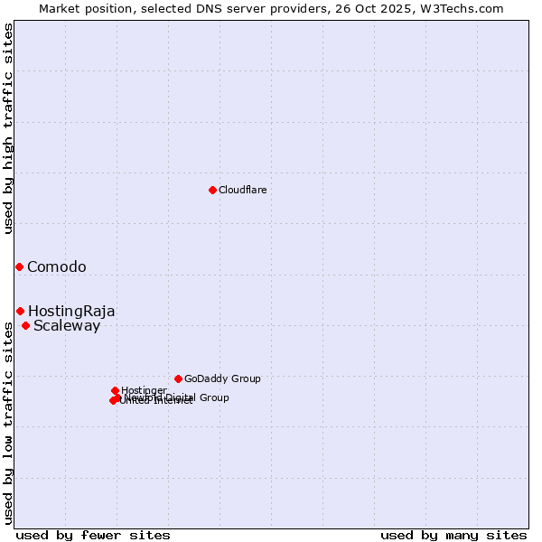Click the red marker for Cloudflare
tap(212, 190)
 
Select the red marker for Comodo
tap(19, 266)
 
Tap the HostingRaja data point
tap(20, 311)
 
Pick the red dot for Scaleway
tap(25, 325)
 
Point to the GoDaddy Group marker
tap(178, 378)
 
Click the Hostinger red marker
tap(115, 390)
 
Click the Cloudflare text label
tap(242, 190)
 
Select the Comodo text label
tap(57, 266)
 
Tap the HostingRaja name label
tap(71, 311)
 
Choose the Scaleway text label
tap(67, 326)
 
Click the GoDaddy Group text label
tap(222, 378)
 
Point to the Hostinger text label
tap(144, 390)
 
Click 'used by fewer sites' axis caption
tap(93, 535)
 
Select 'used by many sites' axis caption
tap(453, 535)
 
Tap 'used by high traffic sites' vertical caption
tap(9, 128)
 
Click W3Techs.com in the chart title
tap(465, 8)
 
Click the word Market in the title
tap(60, 8)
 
